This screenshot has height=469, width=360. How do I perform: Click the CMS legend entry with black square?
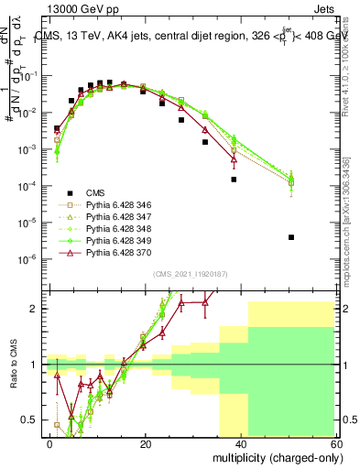tap(95, 192)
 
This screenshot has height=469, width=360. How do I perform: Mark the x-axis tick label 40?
tap(242, 442)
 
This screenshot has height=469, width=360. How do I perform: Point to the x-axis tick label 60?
tap(337, 442)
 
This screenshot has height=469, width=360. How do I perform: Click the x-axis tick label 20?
tap(146, 442)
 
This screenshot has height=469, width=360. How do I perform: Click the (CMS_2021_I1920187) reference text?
tap(191, 274)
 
